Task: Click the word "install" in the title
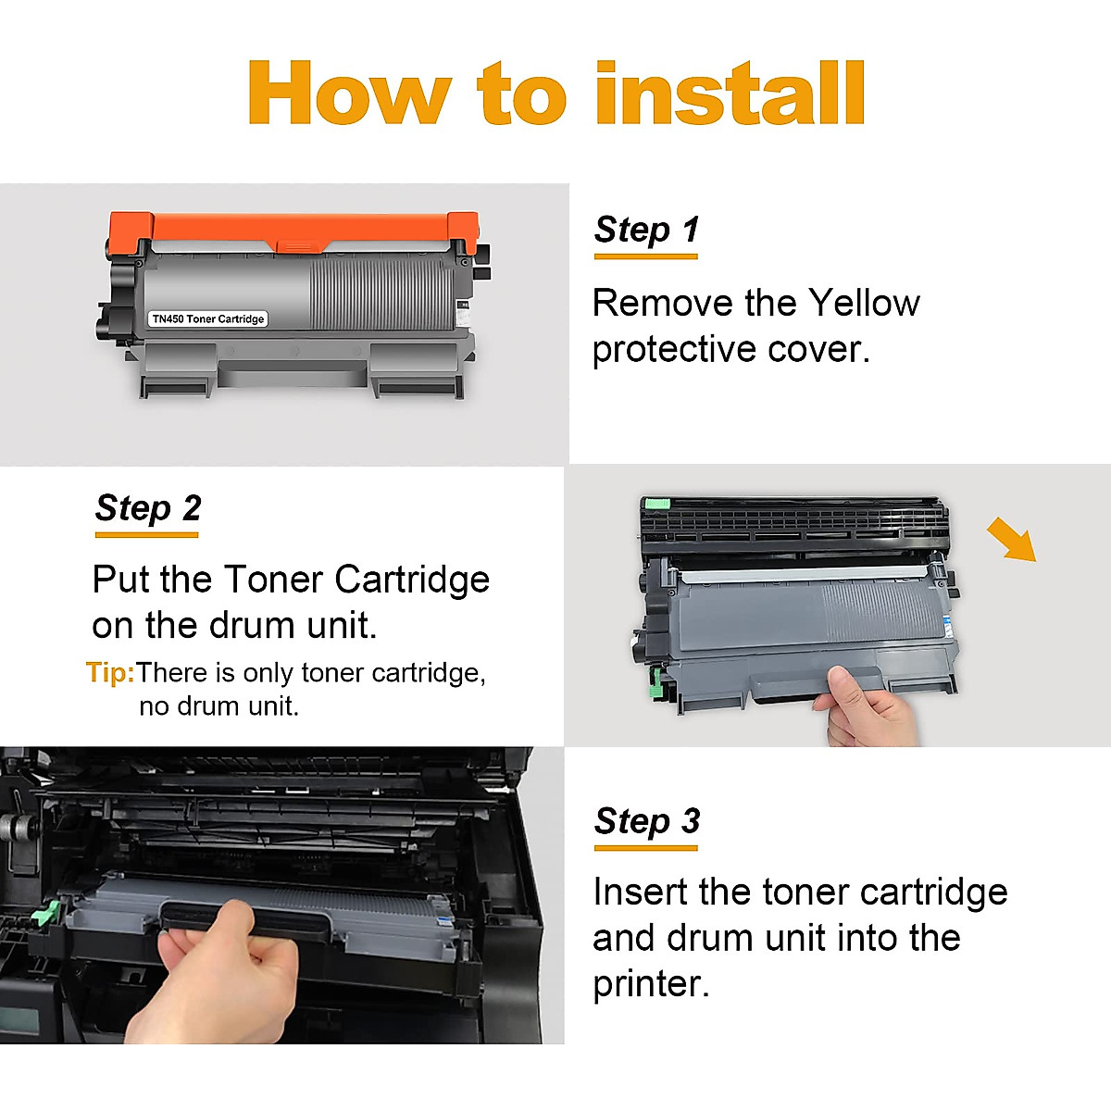pyautogui.click(x=730, y=94)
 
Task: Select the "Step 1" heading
pyautogui.click(x=646, y=229)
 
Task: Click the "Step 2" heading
pyautogui.click(x=147, y=507)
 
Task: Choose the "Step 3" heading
pyautogui.click(x=646, y=820)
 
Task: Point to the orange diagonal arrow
pyautogui.click(x=1011, y=539)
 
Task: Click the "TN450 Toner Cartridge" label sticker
pyautogui.click(x=208, y=318)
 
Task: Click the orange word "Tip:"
pyautogui.click(x=110, y=672)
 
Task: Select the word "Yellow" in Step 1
pyautogui.click(x=864, y=303)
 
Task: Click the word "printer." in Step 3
pyautogui.click(x=651, y=983)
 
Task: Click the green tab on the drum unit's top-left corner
pyautogui.click(x=655, y=505)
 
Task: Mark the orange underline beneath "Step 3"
pyautogui.click(x=646, y=847)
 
